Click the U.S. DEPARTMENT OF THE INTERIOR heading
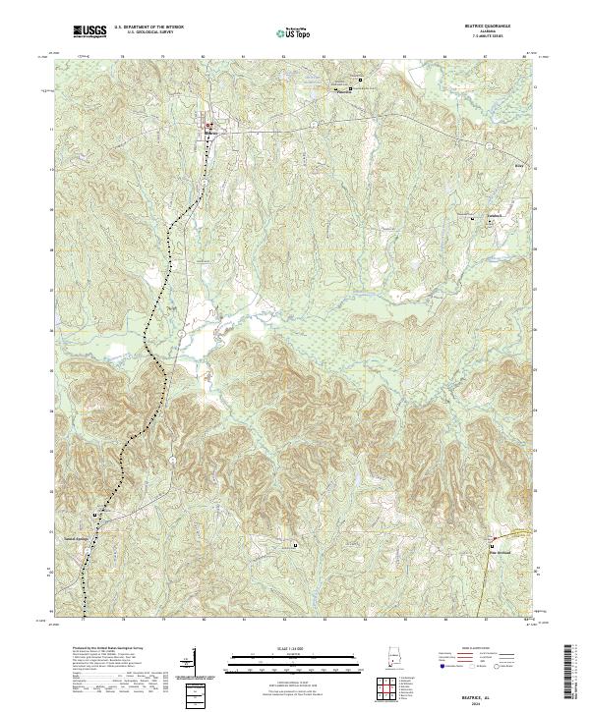click(x=150, y=27)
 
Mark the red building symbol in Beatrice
click(x=207, y=124)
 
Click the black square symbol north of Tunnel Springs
click(x=94, y=515)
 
